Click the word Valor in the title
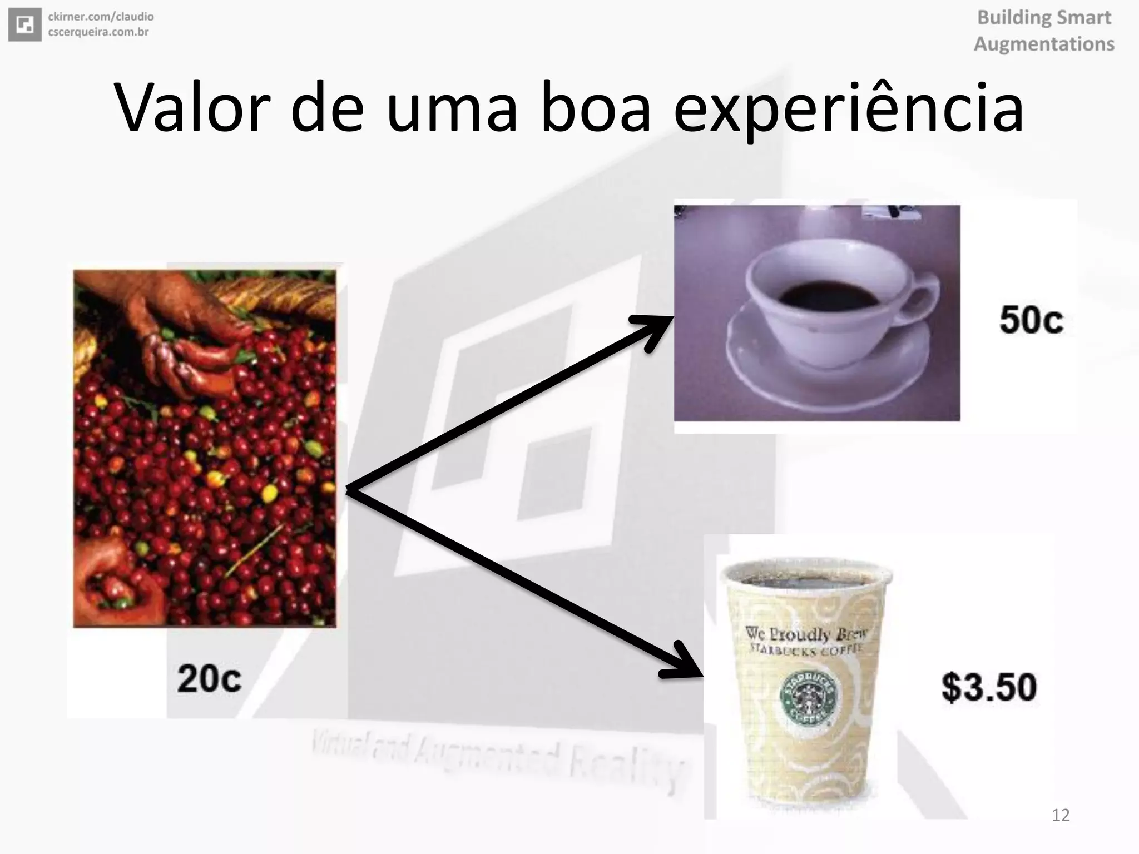(x=192, y=108)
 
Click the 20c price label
(x=209, y=679)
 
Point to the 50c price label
(x=1031, y=320)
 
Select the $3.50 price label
(x=989, y=687)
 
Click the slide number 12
(x=1061, y=815)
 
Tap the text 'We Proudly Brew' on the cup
(x=805, y=633)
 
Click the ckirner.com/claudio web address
(x=101, y=17)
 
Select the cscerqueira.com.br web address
(x=98, y=32)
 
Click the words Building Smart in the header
(x=1044, y=18)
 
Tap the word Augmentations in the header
(x=1044, y=44)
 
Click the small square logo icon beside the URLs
(x=24, y=24)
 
